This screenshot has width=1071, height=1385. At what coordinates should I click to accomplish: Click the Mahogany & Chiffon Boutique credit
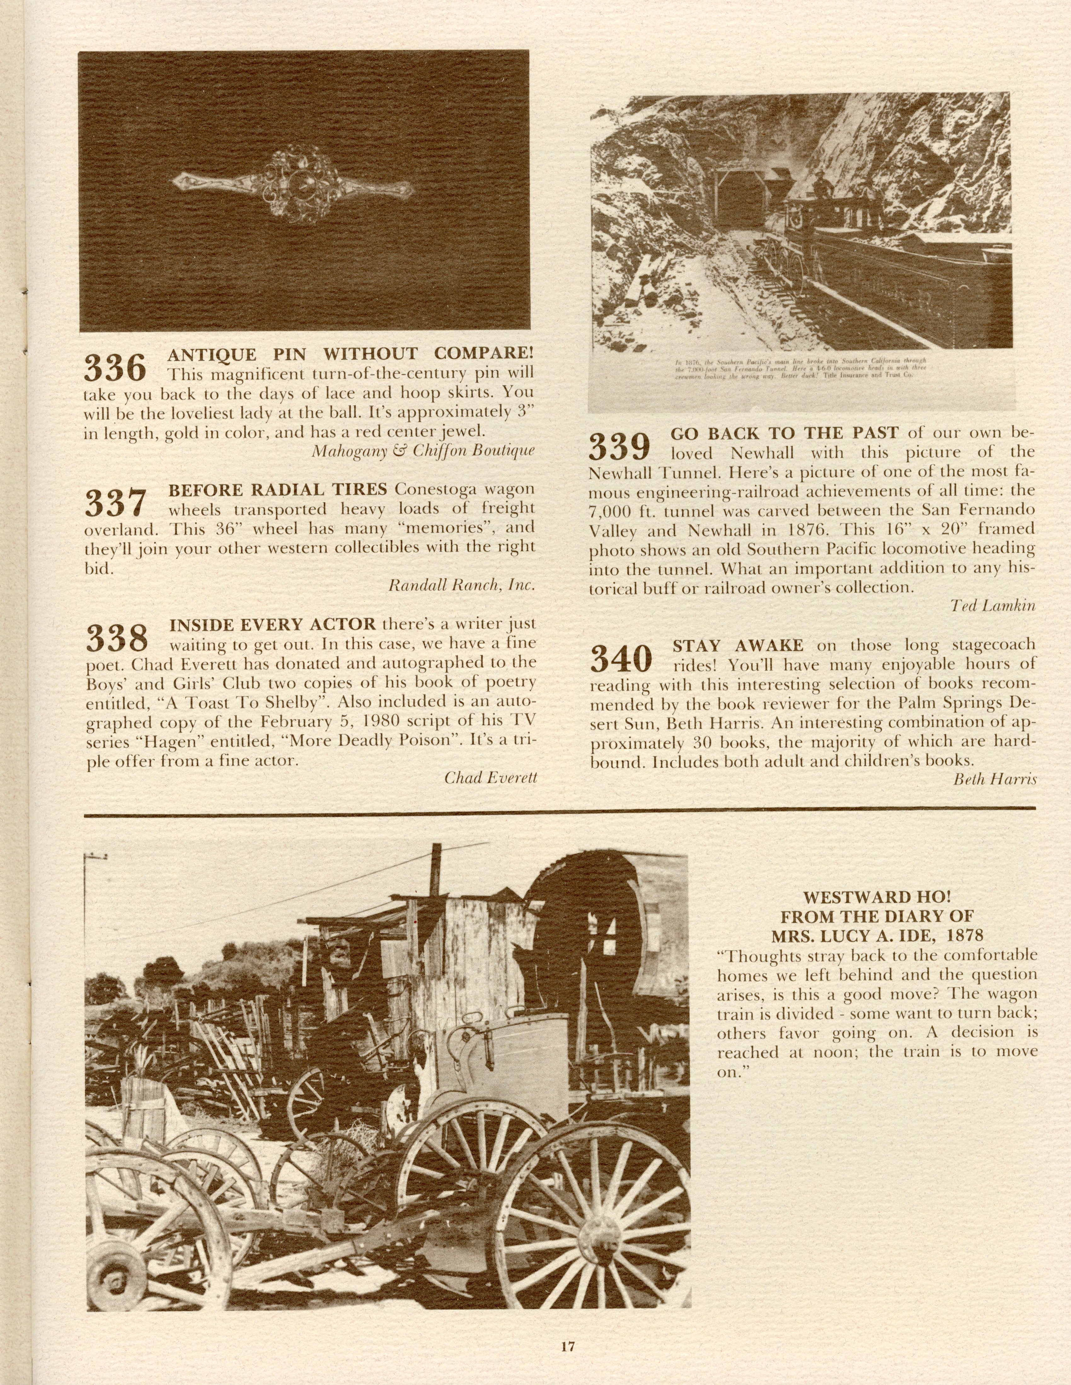(x=423, y=451)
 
